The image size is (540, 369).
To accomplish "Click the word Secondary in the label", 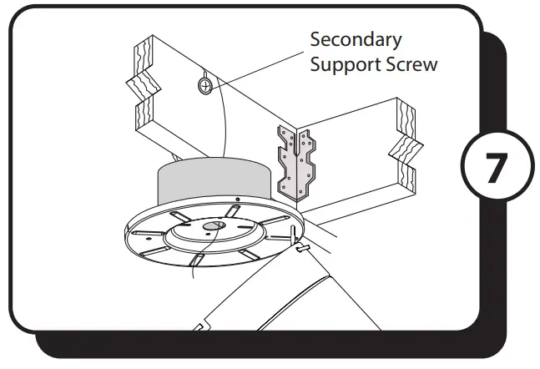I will (356, 39).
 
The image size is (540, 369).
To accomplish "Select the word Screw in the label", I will (410, 65).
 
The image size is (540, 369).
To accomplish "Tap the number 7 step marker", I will (495, 168).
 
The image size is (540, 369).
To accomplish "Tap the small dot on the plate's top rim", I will (237, 200).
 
